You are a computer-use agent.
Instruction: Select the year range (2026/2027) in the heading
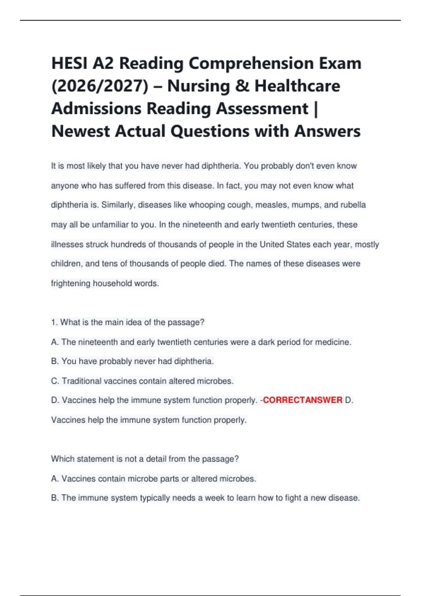pyautogui.click(x=100, y=86)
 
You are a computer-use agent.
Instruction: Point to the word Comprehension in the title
pyautogui.click(x=251, y=63)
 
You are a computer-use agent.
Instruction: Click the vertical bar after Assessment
pyautogui.click(x=316, y=109)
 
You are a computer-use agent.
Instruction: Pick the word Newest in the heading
pyautogui.click(x=80, y=131)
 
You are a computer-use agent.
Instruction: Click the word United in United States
pyautogui.click(x=272, y=244)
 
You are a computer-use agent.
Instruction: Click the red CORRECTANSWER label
pyautogui.click(x=302, y=400)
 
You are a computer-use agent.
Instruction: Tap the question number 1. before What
pyautogui.click(x=54, y=323)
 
